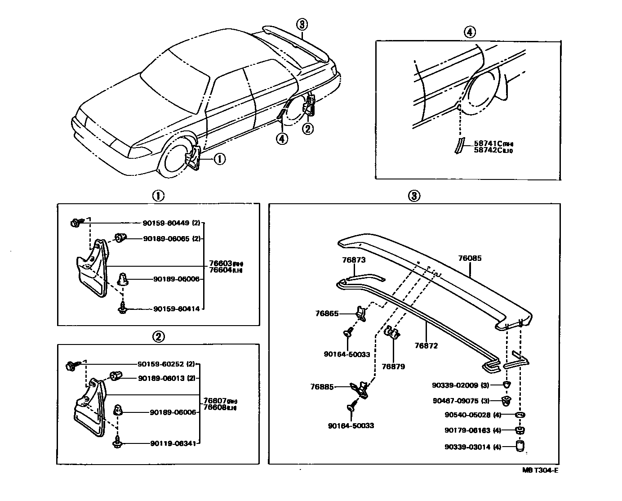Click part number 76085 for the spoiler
point(470,259)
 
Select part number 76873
point(354,260)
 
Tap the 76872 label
point(426,346)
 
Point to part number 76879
point(393,367)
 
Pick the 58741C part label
point(487,144)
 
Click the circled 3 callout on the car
point(302,24)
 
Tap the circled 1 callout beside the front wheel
point(219,159)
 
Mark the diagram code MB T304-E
point(540,470)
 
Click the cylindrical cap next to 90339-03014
point(520,446)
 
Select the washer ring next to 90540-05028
point(520,415)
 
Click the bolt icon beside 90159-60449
point(76,223)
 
